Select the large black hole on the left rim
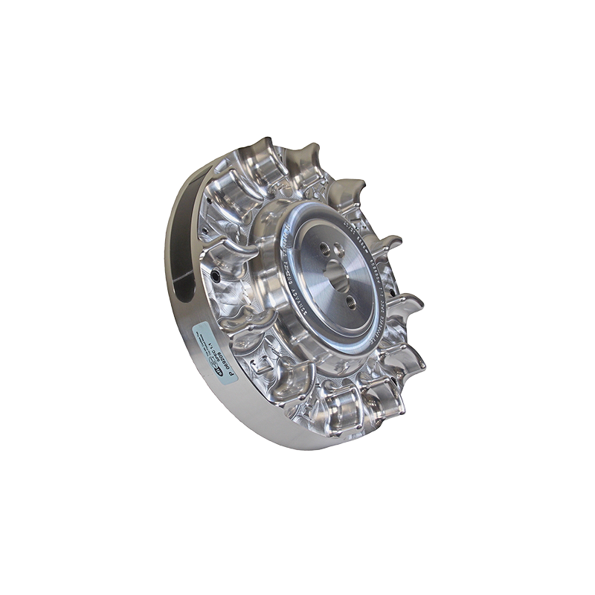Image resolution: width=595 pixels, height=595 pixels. [x=216, y=276]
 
